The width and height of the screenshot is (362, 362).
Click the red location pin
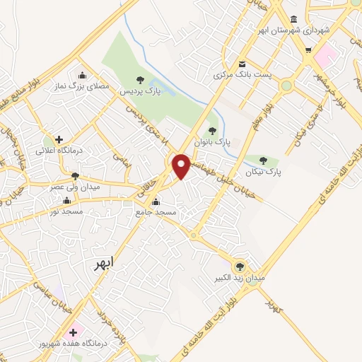181,165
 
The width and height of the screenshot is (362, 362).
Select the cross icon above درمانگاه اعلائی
59,139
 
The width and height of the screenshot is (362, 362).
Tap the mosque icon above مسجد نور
66,201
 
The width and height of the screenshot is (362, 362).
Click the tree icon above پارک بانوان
213,130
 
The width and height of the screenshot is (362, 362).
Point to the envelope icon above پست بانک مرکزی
241,62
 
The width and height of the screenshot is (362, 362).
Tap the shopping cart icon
308,49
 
